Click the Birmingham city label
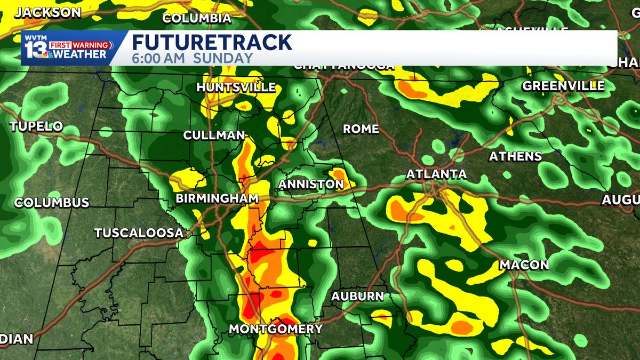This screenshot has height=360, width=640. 217,199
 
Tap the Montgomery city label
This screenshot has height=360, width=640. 276,329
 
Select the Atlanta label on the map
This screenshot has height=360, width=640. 436,174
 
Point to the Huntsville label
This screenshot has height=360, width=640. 236,87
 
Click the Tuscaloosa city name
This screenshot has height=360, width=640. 139,233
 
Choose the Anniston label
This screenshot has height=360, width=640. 311,185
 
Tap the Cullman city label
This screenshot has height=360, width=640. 214,135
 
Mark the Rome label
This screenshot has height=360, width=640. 361,129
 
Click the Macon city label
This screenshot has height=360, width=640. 524,265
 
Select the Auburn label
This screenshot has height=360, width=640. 357,297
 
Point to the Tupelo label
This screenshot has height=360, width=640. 36,127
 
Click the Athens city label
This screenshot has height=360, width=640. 515,156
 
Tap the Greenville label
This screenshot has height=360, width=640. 563,86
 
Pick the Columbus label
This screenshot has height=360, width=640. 51,203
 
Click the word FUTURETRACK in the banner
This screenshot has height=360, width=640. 212,43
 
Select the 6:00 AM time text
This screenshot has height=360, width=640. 158,59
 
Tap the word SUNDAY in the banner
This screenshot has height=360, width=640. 223,59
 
